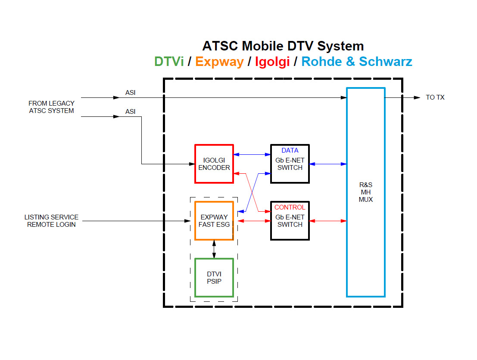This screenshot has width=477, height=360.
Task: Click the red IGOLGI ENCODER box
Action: click(x=214, y=164)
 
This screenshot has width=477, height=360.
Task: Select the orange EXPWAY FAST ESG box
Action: click(x=214, y=221)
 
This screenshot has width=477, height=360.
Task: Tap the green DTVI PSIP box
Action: click(x=214, y=278)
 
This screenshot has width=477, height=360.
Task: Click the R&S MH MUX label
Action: click(x=366, y=192)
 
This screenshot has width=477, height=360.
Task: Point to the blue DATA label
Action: click(x=290, y=150)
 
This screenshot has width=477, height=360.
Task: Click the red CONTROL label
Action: click(x=290, y=207)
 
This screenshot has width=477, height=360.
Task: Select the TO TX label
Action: click(x=435, y=97)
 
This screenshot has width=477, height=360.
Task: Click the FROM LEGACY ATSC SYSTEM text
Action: click(x=51, y=107)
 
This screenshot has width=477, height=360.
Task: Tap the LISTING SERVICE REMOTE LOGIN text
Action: click(x=51, y=221)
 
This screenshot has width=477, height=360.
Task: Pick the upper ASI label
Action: click(x=130, y=92)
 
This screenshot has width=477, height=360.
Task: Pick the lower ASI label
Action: click(x=130, y=111)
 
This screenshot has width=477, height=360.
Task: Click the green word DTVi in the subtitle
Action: click(x=169, y=62)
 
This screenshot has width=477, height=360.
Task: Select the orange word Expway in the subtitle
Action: click(x=219, y=62)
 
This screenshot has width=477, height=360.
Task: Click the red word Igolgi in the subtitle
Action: click(x=272, y=62)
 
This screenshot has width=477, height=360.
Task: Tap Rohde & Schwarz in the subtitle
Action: click(x=357, y=62)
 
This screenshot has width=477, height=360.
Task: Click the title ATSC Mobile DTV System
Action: click(x=283, y=46)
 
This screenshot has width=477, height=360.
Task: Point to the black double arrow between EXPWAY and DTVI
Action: click(x=214, y=249)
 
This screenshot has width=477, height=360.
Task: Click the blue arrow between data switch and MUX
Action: click(x=328, y=164)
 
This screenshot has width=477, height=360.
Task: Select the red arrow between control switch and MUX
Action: click(x=328, y=221)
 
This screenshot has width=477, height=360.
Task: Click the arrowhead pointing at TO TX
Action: click(x=417, y=97)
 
